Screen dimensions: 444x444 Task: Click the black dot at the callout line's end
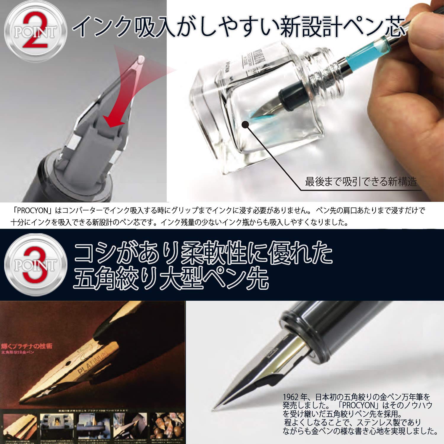pos(245,125)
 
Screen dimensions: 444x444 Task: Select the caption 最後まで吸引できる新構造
pos(361,181)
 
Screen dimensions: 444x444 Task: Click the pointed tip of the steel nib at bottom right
pos(214,410)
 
